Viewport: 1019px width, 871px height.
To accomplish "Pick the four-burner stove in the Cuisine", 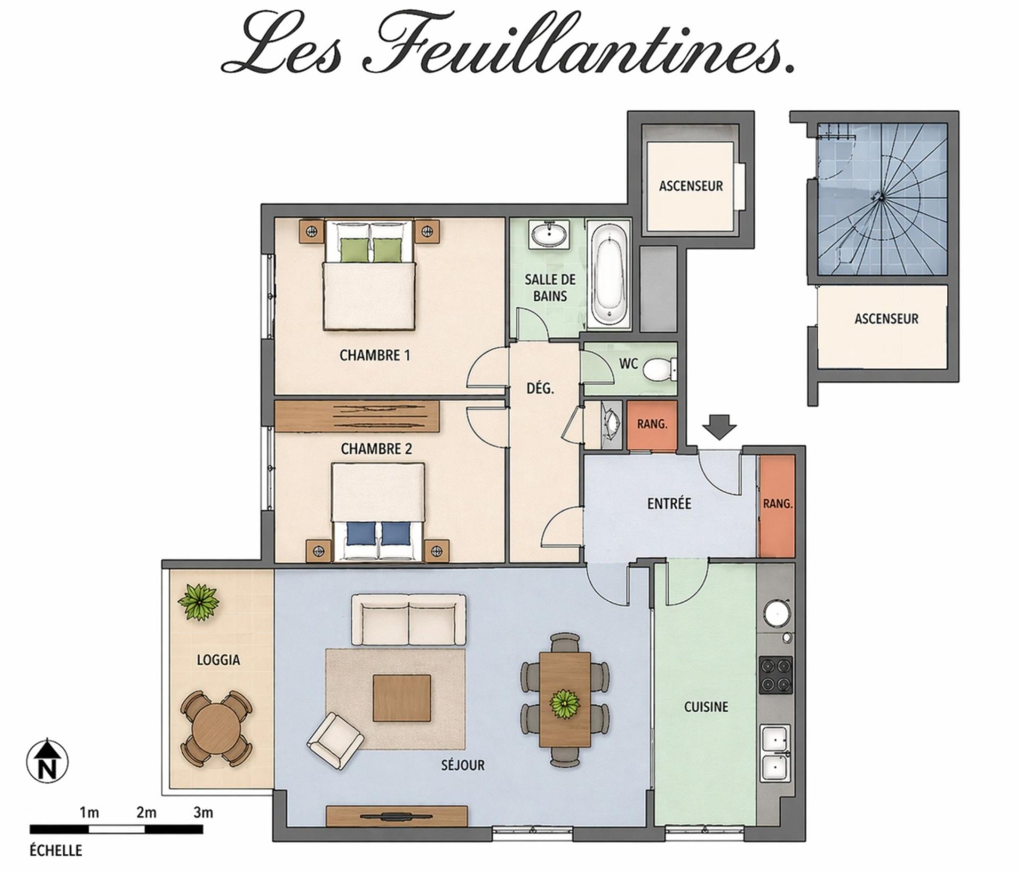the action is coord(776,675).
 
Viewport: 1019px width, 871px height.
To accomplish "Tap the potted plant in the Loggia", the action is coord(198,602).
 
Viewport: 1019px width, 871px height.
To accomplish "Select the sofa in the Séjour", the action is coord(408,619).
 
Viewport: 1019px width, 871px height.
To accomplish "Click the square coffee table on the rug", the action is coord(402,697).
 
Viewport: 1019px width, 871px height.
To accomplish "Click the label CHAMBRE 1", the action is coord(375,355).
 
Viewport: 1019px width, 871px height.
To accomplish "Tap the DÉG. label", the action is coord(540,389).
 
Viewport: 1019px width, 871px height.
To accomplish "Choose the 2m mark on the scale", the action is coord(146,813).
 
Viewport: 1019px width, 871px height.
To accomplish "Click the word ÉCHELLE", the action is coord(56,851).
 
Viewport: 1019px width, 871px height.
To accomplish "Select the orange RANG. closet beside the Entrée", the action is coord(776,506).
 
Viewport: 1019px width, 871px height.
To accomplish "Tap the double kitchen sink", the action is coord(776,753).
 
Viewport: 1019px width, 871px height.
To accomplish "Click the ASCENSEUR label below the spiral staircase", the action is coord(886,319).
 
